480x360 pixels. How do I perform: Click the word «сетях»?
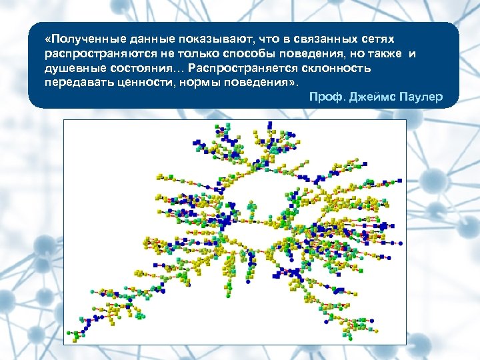coord(375,40)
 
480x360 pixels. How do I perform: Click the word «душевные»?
coord(73,69)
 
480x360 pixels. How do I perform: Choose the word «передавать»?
coord(75,83)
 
